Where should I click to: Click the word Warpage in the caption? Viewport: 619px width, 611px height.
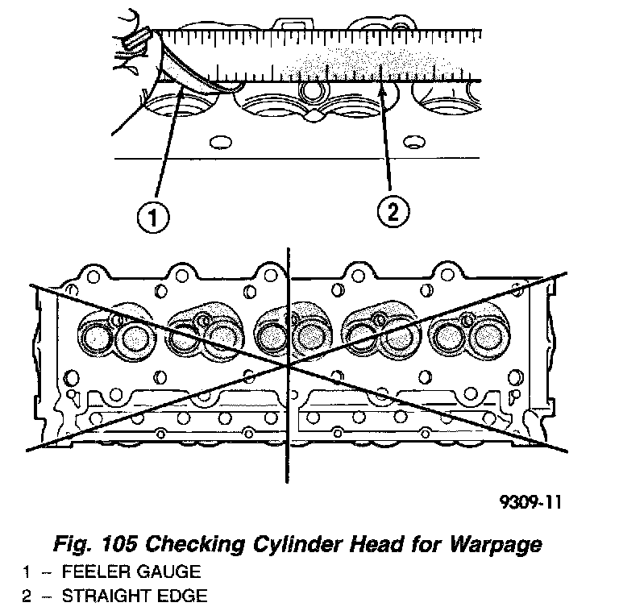[492, 545]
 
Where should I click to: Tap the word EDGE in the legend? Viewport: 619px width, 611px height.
[185, 596]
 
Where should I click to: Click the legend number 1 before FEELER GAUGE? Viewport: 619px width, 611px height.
[27, 572]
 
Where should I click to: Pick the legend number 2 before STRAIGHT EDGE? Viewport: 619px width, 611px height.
[27, 596]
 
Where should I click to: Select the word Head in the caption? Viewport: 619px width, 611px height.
[357, 545]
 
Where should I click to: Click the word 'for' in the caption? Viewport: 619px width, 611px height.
[409, 545]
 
